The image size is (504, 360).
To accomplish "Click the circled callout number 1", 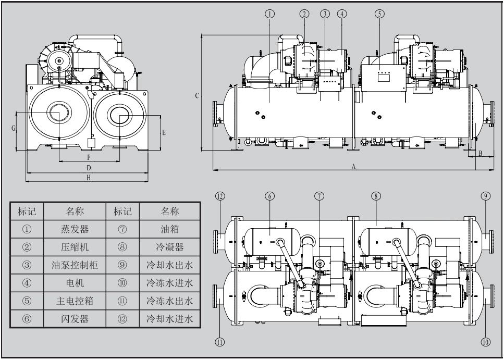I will click(x=269, y=14).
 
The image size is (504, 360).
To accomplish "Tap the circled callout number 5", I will click(x=379, y=14).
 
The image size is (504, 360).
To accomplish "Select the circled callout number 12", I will click(x=220, y=196).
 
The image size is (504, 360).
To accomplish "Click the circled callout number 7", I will click(x=319, y=196).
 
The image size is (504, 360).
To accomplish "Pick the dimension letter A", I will click(x=353, y=167).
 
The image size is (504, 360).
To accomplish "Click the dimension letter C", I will click(x=196, y=95).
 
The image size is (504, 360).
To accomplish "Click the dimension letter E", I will click(x=164, y=132).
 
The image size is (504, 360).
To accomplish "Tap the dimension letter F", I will click(x=89, y=157).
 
